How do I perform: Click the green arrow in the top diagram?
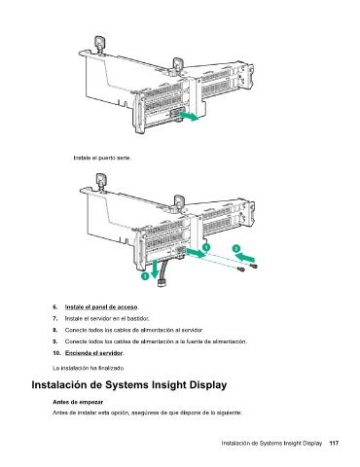click(189, 116)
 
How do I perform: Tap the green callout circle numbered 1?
click(206, 247)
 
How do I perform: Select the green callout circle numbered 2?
click(236, 248)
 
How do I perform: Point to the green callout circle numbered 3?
click(145, 276)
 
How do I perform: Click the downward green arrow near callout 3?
click(155, 269)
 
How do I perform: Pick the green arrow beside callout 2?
click(245, 258)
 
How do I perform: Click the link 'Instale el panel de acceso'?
click(101, 306)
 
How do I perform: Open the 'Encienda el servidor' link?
click(94, 353)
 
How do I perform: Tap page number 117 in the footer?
click(334, 443)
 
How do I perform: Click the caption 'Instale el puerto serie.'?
click(102, 158)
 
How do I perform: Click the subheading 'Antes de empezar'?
click(78, 402)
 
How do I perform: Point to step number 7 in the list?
click(55, 318)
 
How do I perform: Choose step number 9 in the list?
click(55, 341)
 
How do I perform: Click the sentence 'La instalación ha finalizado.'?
click(89, 368)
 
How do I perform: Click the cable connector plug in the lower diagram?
click(162, 283)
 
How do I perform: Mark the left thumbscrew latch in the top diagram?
click(99, 43)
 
